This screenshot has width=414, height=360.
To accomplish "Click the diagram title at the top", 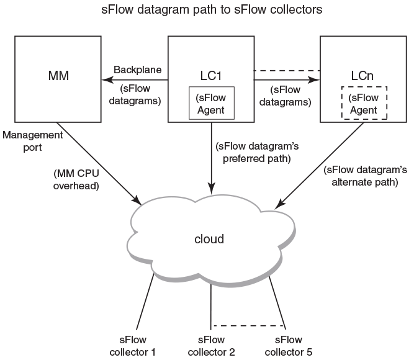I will tap(212, 10).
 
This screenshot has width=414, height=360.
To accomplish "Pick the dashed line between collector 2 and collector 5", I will tap(248, 325).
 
